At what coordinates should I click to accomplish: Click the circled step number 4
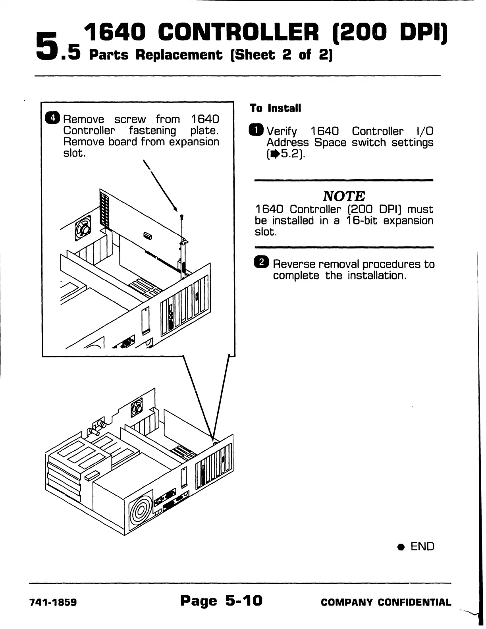coord(53,118)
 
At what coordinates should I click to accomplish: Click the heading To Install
coord(276,108)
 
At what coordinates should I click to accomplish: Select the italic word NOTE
coord(344,196)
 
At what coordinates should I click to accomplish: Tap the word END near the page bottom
coord(422,546)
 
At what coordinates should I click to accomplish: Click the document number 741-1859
coord(53,602)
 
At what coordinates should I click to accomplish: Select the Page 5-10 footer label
coord(221,600)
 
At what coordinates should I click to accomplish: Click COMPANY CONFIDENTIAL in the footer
coord(386,602)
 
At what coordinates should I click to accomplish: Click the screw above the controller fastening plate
coord(181,217)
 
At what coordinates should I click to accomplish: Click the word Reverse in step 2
coord(294,264)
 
